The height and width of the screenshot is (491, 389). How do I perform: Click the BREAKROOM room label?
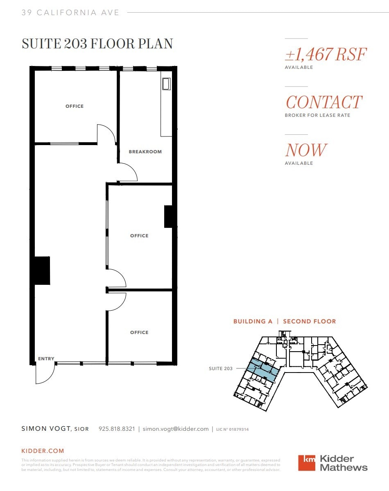click(145, 152)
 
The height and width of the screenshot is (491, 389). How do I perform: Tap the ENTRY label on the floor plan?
click(46, 359)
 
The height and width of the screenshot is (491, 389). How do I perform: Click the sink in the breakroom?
click(166, 84)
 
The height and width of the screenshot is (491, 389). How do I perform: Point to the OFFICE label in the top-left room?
click(75, 106)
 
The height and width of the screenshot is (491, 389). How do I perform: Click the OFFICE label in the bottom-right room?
click(139, 332)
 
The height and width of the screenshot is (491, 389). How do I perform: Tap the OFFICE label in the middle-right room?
click(139, 236)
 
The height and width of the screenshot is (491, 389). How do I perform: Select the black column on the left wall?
click(42, 271)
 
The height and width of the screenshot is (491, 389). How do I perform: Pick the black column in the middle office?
click(169, 216)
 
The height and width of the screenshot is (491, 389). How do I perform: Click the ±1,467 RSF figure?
click(326, 55)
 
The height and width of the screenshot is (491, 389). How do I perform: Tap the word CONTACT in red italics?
click(324, 102)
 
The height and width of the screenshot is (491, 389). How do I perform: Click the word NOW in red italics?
click(306, 150)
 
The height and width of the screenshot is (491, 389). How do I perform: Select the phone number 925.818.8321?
click(117, 429)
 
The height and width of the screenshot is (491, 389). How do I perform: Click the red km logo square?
click(307, 463)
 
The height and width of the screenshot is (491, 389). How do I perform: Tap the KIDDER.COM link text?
click(43, 451)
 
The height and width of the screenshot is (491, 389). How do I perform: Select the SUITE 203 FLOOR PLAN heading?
click(97, 44)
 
